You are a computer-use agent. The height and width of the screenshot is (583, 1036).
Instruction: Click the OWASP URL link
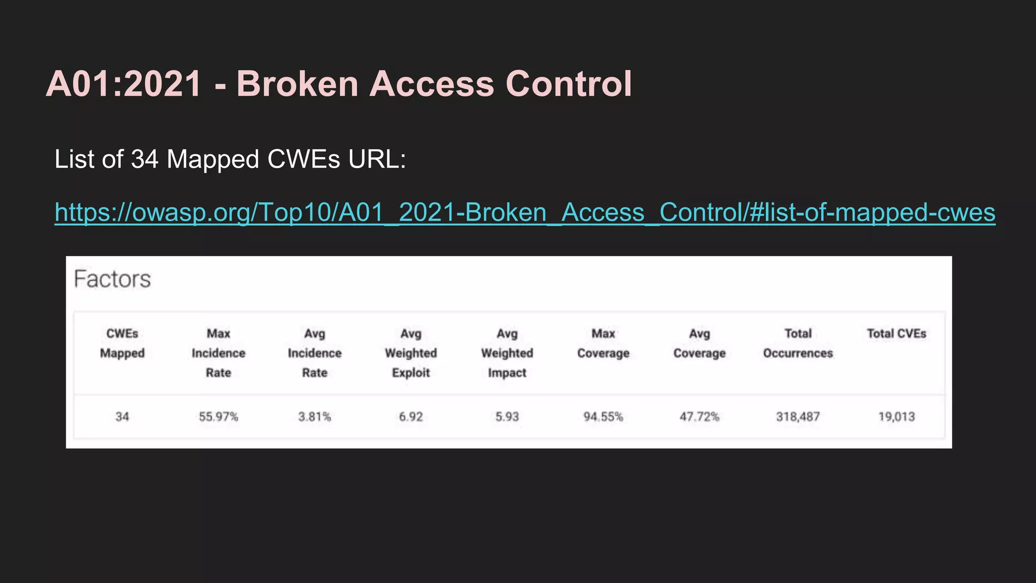click(x=525, y=213)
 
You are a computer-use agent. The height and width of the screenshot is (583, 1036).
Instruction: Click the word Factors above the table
click(x=112, y=279)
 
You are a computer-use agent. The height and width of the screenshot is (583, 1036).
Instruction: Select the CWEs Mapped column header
click(x=122, y=343)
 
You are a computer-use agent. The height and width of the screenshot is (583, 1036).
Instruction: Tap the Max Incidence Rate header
click(x=219, y=353)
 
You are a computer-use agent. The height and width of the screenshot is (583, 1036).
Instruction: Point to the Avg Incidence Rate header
click(x=315, y=353)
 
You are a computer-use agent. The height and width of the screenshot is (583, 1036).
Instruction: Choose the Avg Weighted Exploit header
click(x=411, y=353)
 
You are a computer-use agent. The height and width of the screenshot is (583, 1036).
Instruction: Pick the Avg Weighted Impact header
click(x=507, y=353)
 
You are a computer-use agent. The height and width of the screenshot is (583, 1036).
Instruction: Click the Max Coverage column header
click(x=603, y=343)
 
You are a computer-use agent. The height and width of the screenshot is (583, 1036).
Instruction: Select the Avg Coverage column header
click(x=699, y=343)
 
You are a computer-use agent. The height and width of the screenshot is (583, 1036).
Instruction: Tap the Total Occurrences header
click(x=798, y=343)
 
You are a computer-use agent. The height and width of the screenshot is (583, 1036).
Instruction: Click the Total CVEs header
click(x=896, y=334)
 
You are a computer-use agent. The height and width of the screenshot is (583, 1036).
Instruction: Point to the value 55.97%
click(x=219, y=417)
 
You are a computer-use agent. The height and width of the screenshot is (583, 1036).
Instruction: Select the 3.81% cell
click(x=315, y=417)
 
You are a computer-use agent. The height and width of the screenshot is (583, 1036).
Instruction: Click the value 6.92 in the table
click(x=411, y=417)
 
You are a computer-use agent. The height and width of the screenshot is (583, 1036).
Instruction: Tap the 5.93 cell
click(x=507, y=417)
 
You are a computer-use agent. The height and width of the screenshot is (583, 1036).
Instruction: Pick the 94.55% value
click(x=603, y=417)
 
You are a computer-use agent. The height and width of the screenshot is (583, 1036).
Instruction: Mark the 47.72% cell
click(x=699, y=417)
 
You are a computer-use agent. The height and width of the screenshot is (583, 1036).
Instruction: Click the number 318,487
click(x=798, y=417)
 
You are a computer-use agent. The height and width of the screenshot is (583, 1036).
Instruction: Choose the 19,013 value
click(x=896, y=417)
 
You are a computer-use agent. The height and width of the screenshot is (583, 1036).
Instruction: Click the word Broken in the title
click(x=297, y=84)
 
